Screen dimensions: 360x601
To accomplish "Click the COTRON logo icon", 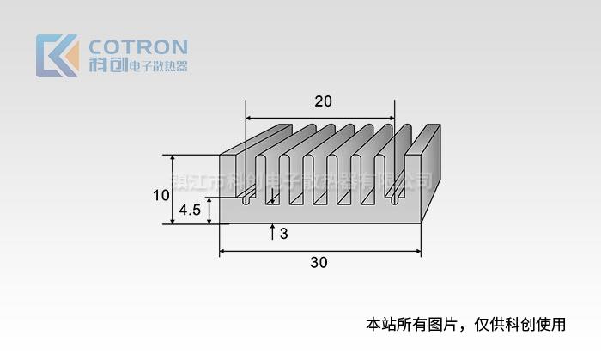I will (x=57, y=56).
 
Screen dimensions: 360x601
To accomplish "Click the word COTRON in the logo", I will (x=138, y=46).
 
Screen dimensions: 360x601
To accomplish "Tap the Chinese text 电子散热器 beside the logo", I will (x=157, y=66).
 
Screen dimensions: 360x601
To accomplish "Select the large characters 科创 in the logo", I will (x=107, y=64).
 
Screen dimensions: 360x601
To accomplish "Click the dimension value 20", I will (x=323, y=101).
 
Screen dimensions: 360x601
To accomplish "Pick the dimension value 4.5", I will (x=190, y=210).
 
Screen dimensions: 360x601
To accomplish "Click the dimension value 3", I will (x=284, y=234).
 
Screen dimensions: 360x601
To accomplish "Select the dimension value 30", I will (x=319, y=263).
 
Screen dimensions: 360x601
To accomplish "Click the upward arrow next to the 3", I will (x=272, y=231).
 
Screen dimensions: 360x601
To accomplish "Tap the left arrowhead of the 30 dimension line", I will (x=224, y=252).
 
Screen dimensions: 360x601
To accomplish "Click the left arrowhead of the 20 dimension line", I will (x=251, y=118).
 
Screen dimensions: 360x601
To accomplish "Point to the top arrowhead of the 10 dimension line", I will (x=173, y=159).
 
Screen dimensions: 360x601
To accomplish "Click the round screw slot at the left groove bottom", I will (x=247, y=202).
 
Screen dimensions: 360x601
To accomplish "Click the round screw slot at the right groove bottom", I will (x=397, y=202).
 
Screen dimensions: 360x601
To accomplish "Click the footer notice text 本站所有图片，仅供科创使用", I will (x=466, y=325).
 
